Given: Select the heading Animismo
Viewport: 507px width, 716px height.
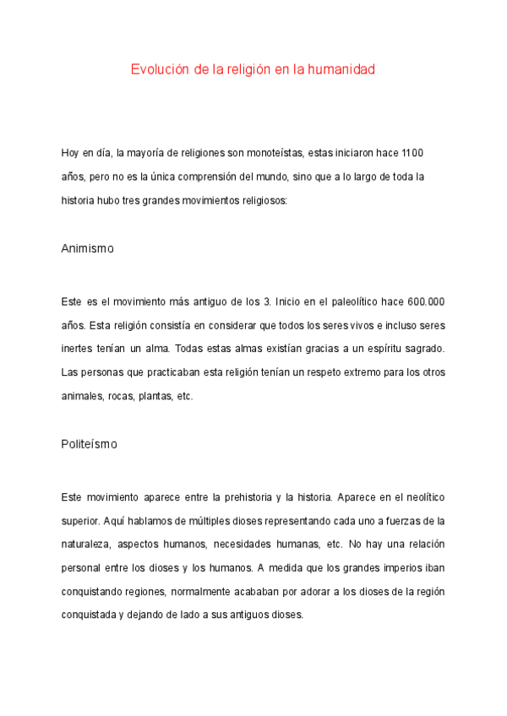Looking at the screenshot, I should point(87,250).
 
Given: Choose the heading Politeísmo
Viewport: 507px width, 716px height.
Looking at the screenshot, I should point(90,443).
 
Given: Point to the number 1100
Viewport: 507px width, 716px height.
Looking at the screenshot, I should point(412,153).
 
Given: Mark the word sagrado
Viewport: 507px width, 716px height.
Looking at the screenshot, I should point(420,349).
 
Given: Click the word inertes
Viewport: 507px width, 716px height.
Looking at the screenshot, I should point(77,349).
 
